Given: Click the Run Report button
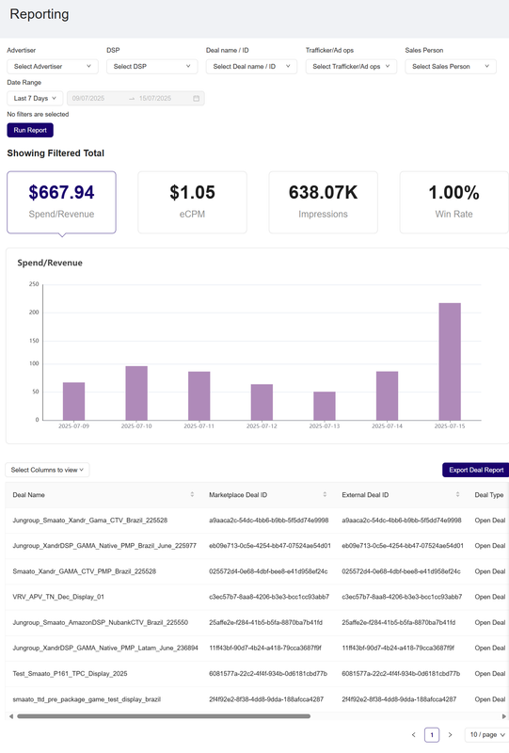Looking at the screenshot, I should pos(30,131).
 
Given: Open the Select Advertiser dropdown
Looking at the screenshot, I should pos(52,67).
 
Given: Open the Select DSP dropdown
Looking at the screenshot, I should pos(151,67).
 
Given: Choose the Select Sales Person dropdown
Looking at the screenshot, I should pos(450,67).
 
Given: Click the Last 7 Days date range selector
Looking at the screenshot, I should pos(35,98).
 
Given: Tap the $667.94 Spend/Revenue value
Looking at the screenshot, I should pos(61,192).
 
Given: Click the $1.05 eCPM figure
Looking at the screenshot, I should pos(192,192).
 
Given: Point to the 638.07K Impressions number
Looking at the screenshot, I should pos(323,192).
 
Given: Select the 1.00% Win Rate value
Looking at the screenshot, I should pos(453,192).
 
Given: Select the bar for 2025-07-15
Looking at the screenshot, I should pos(450,361).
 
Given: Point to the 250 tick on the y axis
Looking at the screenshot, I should pos(34,284).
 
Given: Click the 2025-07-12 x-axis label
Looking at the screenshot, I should pos(262,426).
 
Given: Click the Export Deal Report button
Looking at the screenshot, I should pos(474,470).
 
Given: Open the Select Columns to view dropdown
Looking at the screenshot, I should pos(48,470).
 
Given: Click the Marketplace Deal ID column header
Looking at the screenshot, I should pos(238,494).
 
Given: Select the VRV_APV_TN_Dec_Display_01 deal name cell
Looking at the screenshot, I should pos(58,597).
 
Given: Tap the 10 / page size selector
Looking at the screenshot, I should pos(486,734).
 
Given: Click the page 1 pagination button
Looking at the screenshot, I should pos(431,734).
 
